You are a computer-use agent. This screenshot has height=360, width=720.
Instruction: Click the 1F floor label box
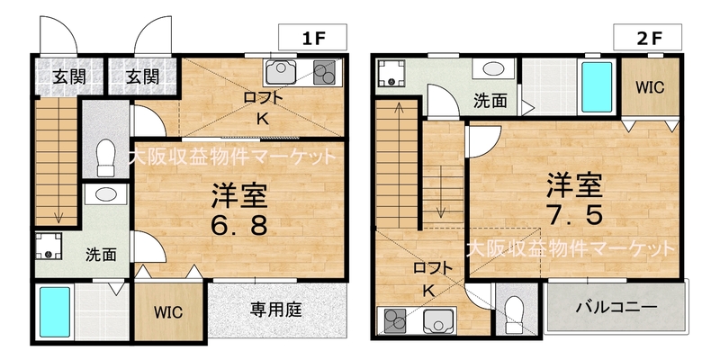[312, 37]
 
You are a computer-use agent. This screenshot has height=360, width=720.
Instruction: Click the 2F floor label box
[647, 37]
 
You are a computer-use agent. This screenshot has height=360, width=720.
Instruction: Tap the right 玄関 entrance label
[143, 76]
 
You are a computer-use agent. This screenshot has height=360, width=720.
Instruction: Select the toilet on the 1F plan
[106, 157]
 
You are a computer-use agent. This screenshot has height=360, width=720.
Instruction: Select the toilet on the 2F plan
[514, 314]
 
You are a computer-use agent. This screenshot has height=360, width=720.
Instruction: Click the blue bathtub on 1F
[55, 311]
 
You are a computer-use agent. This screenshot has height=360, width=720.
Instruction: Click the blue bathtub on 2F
[597, 87]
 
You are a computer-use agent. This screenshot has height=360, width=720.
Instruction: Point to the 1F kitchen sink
[281, 73]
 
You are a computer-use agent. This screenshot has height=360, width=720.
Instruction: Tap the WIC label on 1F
[168, 312]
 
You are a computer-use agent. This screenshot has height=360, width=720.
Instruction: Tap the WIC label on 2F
[650, 87]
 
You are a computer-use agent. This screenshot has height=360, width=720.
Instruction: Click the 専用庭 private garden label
[276, 310]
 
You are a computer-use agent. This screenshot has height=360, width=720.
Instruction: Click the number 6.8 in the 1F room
[238, 225]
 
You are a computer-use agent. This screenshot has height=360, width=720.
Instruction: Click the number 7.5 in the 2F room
[574, 214]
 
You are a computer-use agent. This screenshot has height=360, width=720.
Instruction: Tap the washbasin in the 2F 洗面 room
[493, 69]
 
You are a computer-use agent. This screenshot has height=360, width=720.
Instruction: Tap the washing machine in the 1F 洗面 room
[49, 246]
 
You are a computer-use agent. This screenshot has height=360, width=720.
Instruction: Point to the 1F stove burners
[325, 73]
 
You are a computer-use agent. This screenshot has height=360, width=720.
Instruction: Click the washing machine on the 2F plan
[391, 74]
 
